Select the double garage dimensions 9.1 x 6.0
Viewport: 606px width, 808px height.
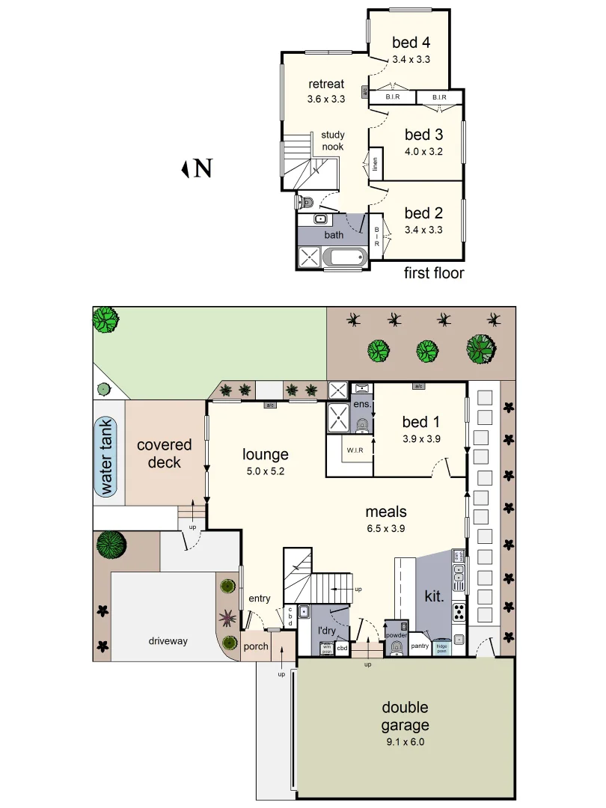point(405,743)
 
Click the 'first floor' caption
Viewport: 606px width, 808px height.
point(434,273)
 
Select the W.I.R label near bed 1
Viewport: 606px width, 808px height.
point(355,450)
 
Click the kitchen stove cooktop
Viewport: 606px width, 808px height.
point(459,611)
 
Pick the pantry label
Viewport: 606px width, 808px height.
point(420,646)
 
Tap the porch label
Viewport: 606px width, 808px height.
point(256,646)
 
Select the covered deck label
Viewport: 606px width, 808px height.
point(164,453)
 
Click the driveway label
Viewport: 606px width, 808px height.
point(168,641)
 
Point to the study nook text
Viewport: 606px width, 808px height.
point(333,141)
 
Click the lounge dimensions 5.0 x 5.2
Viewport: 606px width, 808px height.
point(265,471)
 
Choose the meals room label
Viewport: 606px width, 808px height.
point(386,512)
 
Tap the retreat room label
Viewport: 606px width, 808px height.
point(326,84)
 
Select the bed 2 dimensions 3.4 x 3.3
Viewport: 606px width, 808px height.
point(423,230)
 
